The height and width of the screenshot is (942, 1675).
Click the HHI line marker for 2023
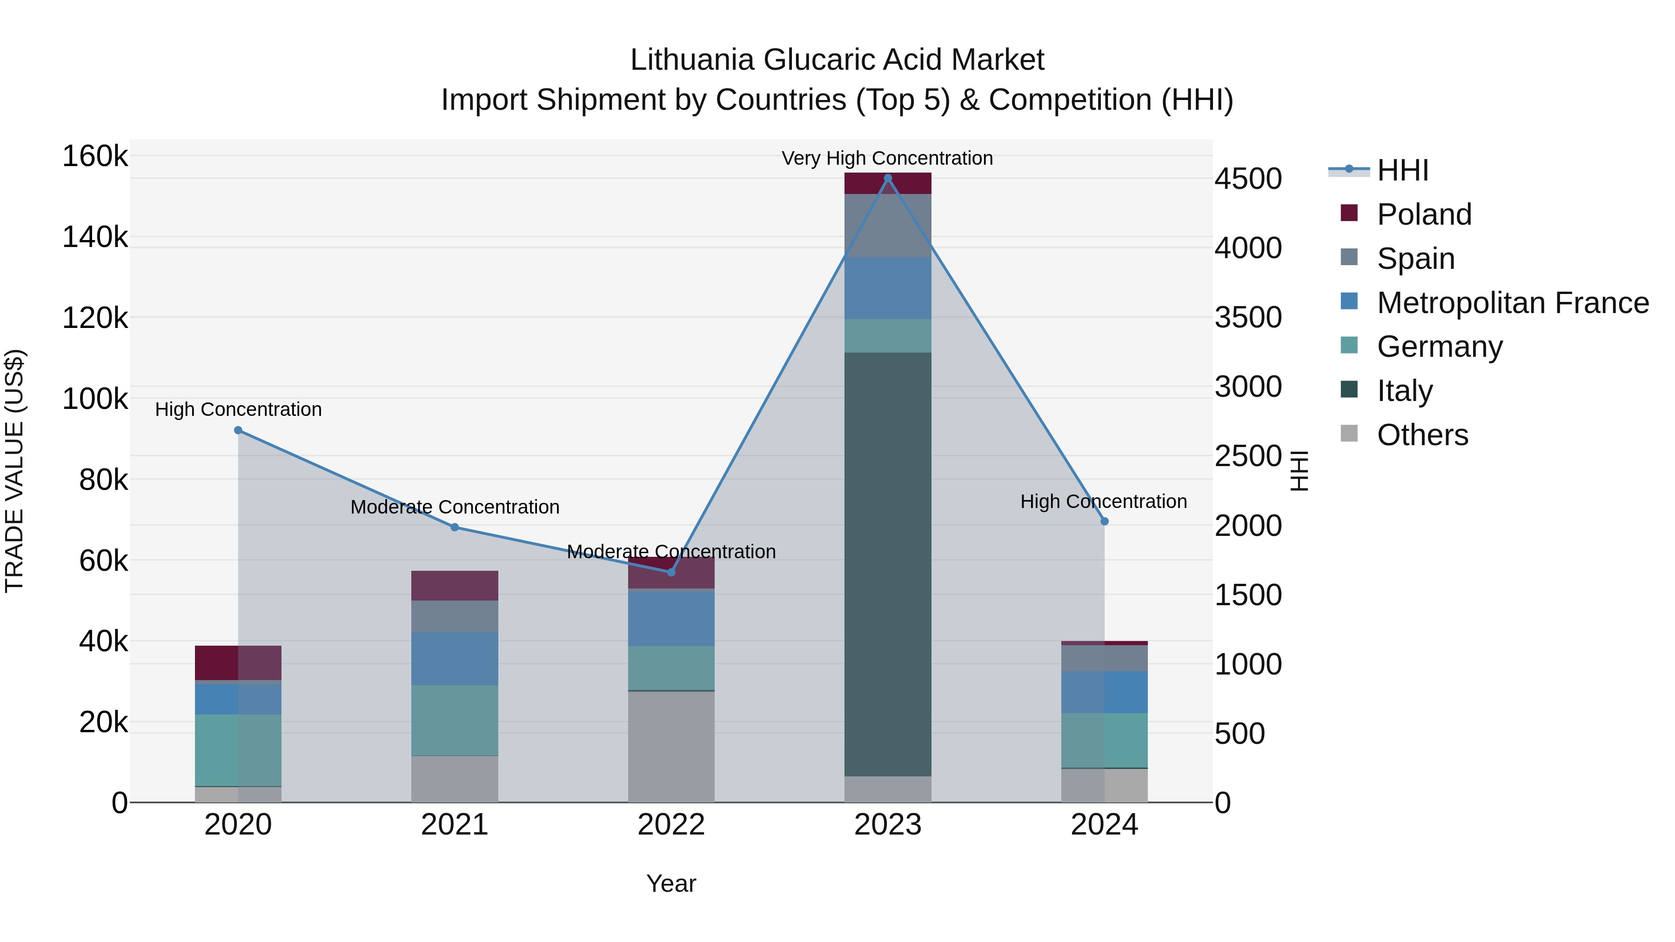pyautogui.click(x=888, y=178)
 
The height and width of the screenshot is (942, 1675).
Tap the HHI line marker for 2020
pyautogui.click(x=238, y=430)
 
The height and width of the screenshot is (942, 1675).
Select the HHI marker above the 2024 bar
pyautogui.click(x=1104, y=521)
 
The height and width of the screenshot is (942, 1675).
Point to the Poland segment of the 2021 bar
pyautogui.click(x=455, y=586)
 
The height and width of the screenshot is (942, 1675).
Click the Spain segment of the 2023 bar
pyautogui.click(x=888, y=226)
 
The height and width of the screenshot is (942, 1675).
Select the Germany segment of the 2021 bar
pyautogui.click(x=455, y=720)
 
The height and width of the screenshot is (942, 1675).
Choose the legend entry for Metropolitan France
pyautogui.click(x=1513, y=303)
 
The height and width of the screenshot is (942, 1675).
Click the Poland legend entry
pyautogui.click(x=1424, y=214)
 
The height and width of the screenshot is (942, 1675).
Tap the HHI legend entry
pyautogui.click(x=1402, y=170)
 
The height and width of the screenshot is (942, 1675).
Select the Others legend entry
pyautogui.click(x=1422, y=435)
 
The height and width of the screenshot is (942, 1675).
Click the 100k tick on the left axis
pyautogui.click(x=95, y=399)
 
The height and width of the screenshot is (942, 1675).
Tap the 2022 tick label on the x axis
pyautogui.click(x=671, y=825)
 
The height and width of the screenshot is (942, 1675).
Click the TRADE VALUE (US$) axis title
pyautogui.click(x=14, y=471)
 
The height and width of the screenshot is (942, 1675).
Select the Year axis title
pyautogui.click(x=671, y=883)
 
